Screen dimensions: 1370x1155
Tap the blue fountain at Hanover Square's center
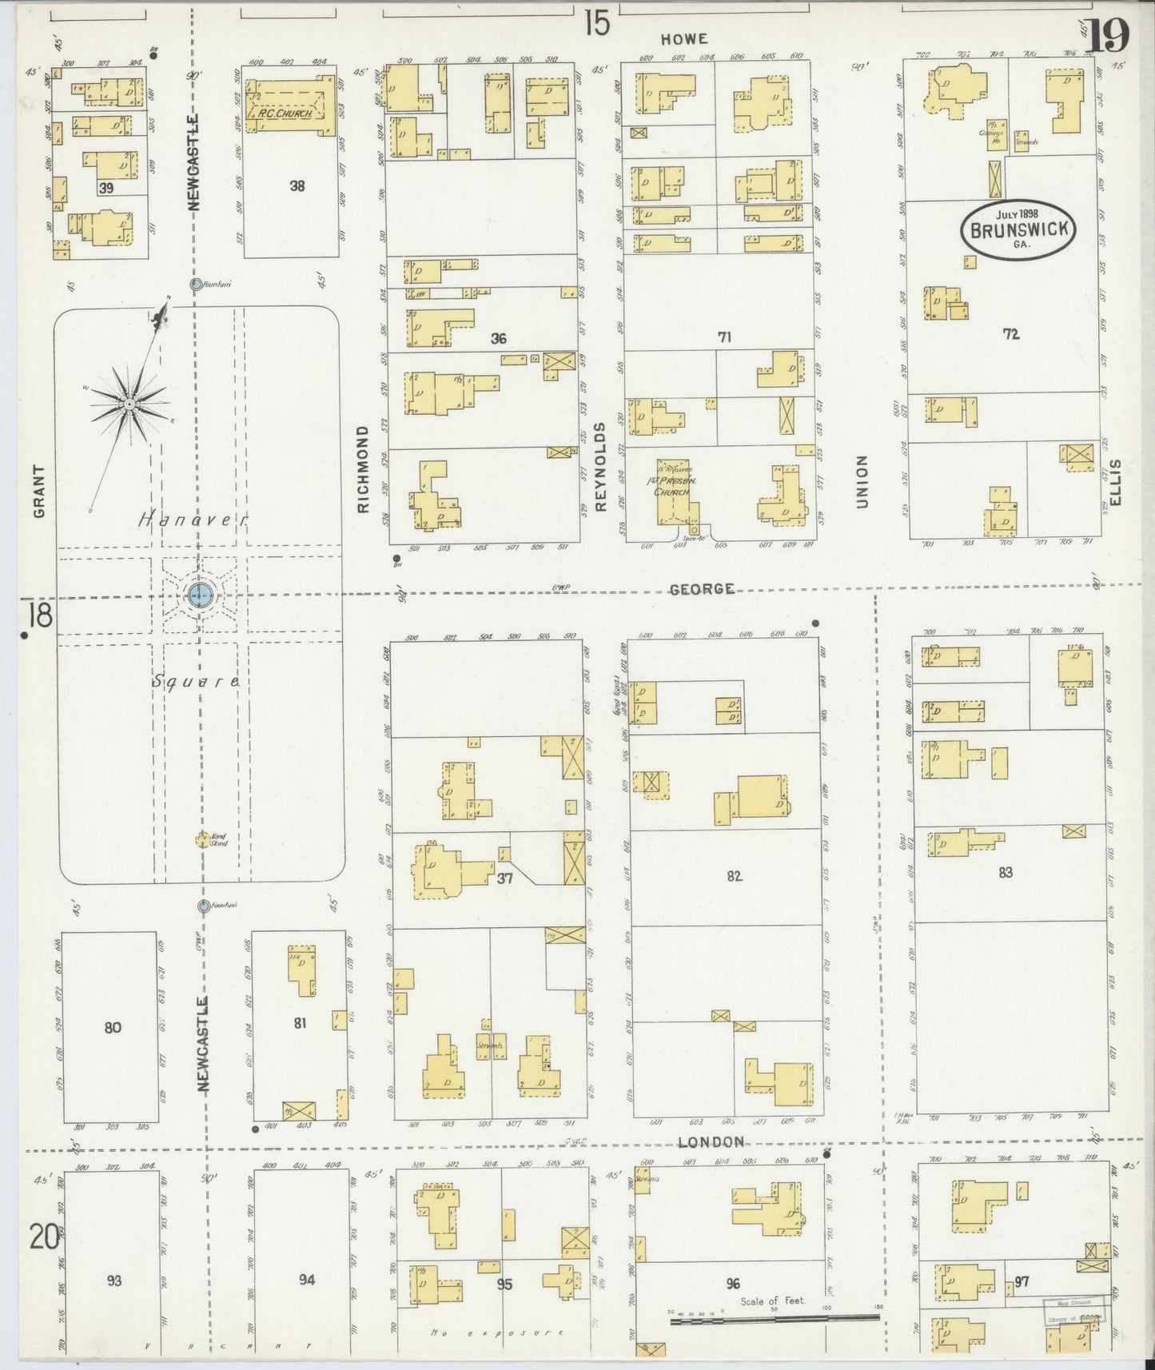point(199,594)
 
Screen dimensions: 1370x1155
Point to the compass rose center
point(129,404)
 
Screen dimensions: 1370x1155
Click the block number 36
point(498,339)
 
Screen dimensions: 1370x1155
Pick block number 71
point(724,337)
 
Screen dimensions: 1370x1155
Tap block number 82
point(734,876)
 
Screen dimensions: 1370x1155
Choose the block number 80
point(112,1027)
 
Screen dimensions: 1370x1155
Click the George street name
point(701,589)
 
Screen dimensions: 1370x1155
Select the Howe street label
point(685,38)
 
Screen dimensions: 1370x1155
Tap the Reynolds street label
point(601,466)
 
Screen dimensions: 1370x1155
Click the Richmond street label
point(364,469)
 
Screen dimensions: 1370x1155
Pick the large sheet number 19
point(1109,35)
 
